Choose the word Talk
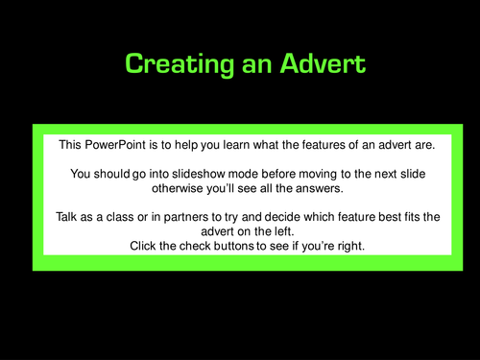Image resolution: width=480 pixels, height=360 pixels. (x=68, y=218)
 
